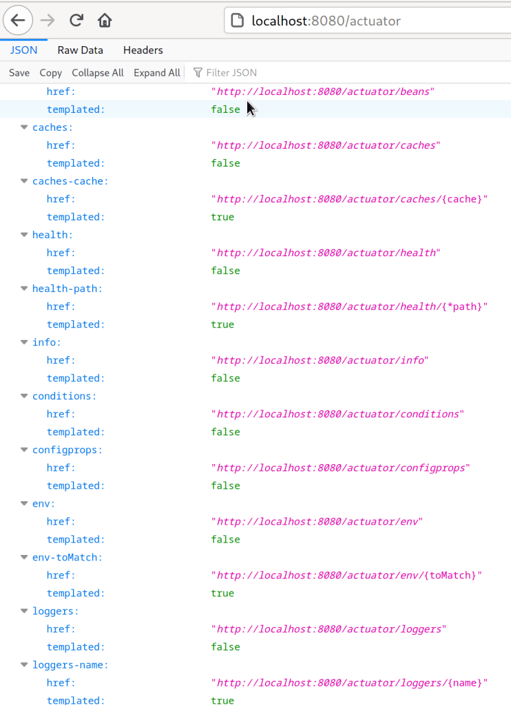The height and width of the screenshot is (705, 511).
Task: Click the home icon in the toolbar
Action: pos(105,21)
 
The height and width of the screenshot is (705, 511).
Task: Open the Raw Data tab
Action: pos(80,50)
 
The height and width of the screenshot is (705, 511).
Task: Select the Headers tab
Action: pos(143,50)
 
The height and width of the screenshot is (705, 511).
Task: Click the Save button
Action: pos(19,73)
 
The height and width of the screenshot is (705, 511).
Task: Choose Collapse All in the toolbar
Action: pos(98,73)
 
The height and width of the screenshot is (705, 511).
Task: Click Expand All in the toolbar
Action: pos(157,73)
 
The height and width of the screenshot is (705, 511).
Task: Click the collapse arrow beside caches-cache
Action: pos(25,181)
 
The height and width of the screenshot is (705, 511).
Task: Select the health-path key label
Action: pos(67,288)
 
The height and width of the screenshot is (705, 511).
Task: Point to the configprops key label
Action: pos(67,450)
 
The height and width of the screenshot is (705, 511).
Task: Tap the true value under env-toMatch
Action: pos(222,593)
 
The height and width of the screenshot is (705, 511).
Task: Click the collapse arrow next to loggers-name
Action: pos(25,664)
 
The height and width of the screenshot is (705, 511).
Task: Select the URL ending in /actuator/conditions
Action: pos(338,414)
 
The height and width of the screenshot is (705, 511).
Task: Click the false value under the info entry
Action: pos(225,378)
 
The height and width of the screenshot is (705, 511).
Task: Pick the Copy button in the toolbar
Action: pos(51,73)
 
